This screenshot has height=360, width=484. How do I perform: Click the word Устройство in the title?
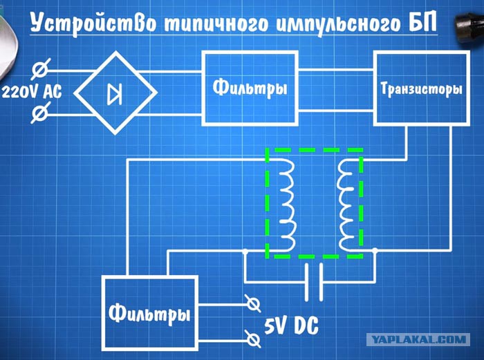(93, 23)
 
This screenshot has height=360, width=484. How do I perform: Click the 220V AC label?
(32, 92)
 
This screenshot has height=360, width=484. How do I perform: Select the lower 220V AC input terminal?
(40, 113)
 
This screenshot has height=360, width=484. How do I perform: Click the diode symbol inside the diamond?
(115, 94)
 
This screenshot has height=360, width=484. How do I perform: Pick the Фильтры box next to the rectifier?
(250, 88)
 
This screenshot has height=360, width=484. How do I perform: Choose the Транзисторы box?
(422, 89)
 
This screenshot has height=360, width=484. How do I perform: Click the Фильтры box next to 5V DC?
(150, 313)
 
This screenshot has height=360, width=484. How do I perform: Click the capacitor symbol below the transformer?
(314, 282)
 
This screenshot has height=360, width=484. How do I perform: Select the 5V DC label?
(291, 325)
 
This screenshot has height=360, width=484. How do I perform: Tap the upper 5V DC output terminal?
(252, 304)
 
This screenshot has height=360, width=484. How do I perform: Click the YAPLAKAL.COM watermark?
(418, 340)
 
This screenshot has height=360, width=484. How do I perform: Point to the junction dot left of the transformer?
(245, 252)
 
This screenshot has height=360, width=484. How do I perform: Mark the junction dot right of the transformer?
(375, 250)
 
